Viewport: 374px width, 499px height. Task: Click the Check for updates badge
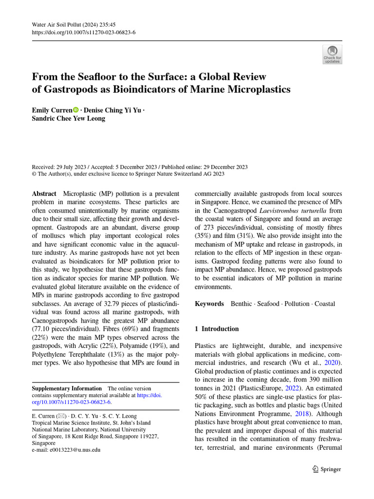(x=333, y=55)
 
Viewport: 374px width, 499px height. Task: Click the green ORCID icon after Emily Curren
(x=75, y=110)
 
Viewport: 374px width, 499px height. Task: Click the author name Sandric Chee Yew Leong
(x=68, y=118)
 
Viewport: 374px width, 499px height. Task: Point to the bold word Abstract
(x=44, y=194)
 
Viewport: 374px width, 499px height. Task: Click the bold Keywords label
(x=209, y=304)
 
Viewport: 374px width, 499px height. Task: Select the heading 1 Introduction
(x=217, y=329)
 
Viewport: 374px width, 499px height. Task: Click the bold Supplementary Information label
(x=67, y=388)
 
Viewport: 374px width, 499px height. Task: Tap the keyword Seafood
(x=268, y=304)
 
